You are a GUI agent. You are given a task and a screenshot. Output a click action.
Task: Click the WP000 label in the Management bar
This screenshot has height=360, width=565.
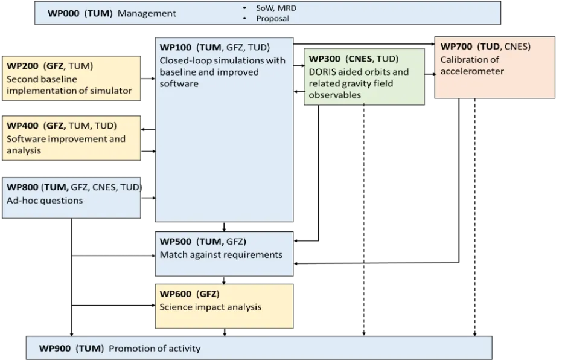(x=63, y=13)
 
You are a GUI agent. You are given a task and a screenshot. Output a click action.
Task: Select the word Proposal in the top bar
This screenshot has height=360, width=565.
(x=272, y=18)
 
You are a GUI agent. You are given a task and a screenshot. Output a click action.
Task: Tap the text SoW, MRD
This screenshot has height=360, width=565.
(x=276, y=8)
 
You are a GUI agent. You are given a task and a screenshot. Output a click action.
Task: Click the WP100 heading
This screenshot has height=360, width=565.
(x=176, y=47)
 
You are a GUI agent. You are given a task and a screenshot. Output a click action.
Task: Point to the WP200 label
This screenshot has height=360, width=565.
(x=22, y=66)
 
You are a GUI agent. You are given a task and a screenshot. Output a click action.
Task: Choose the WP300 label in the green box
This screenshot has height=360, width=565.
(x=324, y=59)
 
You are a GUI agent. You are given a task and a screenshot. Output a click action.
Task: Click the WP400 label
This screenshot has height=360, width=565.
(x=22, y=126)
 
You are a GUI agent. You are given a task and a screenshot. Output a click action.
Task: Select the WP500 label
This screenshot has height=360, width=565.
(x=176, y=242)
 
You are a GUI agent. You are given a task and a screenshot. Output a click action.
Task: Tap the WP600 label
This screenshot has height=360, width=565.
(x=176, y=294)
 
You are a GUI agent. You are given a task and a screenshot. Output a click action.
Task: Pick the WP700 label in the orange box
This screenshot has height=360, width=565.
(x=456, y=47)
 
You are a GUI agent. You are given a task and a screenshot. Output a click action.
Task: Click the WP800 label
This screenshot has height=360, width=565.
(x=22, y=187)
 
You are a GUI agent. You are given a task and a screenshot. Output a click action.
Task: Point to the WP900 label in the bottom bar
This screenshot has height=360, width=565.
(x=55, y=349)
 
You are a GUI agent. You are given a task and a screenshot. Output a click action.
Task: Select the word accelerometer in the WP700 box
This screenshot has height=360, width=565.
(x=472, y=71)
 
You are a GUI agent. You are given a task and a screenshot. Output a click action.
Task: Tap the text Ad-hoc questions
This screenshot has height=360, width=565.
(x=45, y=201)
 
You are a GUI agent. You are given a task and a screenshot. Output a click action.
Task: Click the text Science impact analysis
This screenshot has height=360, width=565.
(x=211, y=307)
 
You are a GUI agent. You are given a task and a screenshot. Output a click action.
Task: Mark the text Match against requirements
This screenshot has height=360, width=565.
(x=221, y=255)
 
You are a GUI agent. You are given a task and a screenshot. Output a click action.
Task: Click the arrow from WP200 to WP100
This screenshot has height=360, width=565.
(x=148, y=79)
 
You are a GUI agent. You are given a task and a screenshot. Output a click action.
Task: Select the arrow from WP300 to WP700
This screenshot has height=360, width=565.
(x=430, y=74)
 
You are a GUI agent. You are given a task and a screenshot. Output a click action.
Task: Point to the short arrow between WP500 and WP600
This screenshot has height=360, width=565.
(x=224, y=280)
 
